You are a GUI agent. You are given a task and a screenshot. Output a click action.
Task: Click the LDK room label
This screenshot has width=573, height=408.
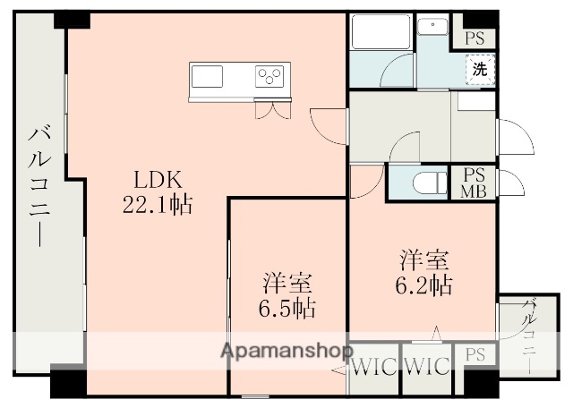[x=157, y=178]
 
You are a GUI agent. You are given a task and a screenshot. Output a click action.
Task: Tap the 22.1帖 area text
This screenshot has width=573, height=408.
[x=157, y=204]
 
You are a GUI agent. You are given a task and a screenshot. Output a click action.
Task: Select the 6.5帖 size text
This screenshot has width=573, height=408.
[x=287, y=310]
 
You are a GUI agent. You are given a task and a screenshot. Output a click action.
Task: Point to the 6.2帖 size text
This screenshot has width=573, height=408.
[x=424, y=286]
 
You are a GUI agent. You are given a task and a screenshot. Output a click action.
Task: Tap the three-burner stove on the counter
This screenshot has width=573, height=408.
[x=269, y=76]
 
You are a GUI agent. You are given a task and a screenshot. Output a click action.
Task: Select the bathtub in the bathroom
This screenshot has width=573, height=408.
[x=380, y=33]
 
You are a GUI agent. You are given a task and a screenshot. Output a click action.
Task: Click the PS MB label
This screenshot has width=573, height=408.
[x=473, y=183]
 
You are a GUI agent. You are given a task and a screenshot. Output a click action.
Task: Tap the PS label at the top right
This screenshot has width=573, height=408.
[x=474, y=38]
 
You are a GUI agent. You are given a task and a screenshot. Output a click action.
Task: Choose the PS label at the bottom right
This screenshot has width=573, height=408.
[x=474, y=356]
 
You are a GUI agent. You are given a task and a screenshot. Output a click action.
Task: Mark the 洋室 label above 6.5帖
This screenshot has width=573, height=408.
[x=287, y=285]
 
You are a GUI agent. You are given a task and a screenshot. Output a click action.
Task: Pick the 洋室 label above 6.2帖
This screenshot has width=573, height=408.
[x=424, y=261]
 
